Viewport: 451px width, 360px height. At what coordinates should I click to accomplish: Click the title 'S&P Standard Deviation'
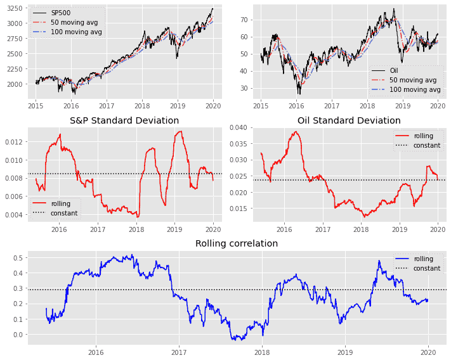point(124,120)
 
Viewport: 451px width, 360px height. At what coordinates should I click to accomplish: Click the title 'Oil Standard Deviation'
point(349,120)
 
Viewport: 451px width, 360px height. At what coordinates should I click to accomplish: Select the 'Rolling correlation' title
point(237,243)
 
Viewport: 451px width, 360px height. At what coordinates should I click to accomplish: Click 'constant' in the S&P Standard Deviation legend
point(63,213)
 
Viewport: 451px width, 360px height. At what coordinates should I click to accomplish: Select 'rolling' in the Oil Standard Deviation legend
point(423,136)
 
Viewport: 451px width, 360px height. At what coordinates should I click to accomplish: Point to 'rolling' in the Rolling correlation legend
point(423,259)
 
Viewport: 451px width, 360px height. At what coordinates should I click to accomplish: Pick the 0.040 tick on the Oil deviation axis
point(239,127)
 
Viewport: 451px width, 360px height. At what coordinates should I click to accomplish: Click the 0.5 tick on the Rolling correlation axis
point(18,258)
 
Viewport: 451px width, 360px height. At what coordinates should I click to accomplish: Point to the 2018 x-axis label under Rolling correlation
point(262,352)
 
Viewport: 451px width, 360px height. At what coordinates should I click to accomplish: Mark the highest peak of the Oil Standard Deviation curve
point(296,132)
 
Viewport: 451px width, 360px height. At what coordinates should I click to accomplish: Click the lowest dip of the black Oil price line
point(299,93)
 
